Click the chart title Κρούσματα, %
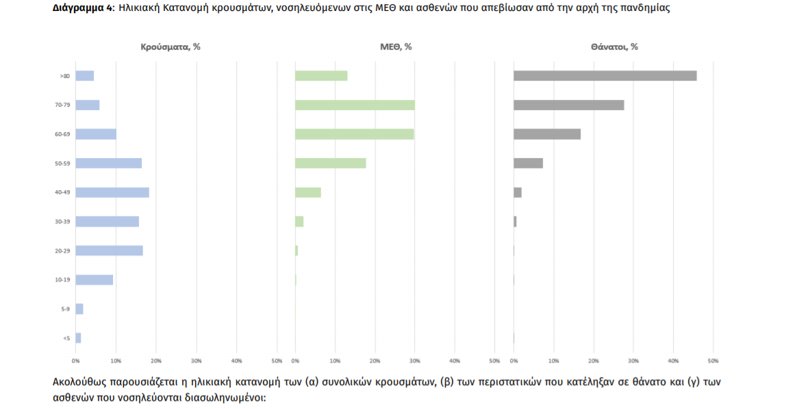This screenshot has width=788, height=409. pos(170,47)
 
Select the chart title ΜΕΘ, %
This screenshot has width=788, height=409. pos(396,47)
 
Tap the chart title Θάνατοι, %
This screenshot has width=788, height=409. pos(614,47)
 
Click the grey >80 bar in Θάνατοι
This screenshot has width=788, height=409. pos(605,76)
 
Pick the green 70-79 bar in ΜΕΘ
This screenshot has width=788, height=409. pos(355,105)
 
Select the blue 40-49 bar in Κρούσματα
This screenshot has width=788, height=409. pos(112,192)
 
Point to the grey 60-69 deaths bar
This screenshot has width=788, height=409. pos(547,134)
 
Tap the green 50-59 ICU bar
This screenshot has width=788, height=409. pos(330,163)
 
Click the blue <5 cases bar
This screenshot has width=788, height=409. pos(78,338)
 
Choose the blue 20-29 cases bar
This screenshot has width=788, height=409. pos(109,250)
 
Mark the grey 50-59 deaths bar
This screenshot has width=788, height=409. pos(528,163)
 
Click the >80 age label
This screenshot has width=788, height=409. pos(64,76)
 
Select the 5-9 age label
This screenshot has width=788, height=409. pos(65,309)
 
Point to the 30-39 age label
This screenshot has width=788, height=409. pos(63,222)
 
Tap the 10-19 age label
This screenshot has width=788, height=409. pos(63,280)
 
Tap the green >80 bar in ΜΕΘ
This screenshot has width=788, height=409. pos(321,76)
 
